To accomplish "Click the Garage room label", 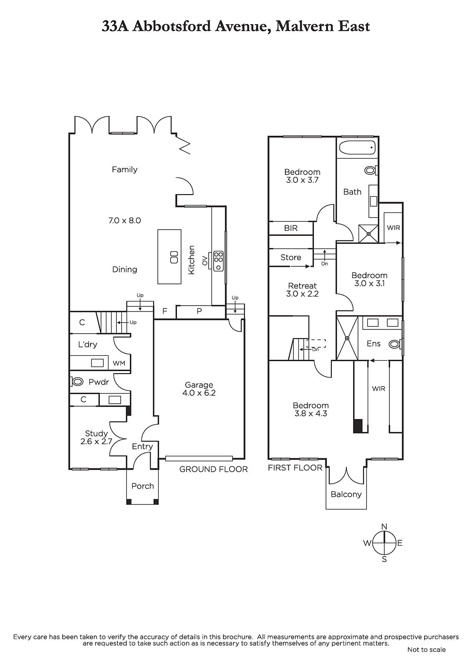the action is (x=199, y=385).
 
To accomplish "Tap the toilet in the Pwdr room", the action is (x=77, y=381).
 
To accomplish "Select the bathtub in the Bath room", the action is (x=357, y=147).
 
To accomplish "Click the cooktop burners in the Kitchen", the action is (x=219, y=261).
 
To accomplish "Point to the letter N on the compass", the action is (x=384, y=526).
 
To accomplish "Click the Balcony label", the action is (x=346, y=494).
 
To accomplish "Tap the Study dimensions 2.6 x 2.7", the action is (x=96, y=441).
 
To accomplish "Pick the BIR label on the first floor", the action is (x=291, y=228).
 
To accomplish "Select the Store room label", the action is (x=291, y=257).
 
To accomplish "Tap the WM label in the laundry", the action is (x=119, y=363).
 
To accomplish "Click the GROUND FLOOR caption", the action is (x=214, y=469).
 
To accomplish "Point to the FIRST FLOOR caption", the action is (x=295, y=468).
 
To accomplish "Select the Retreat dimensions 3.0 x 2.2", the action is (x=302, y=294).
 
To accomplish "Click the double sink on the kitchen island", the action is (x=174, y=257).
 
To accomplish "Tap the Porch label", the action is (x=143, y=486).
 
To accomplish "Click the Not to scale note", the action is (x=427, y=650).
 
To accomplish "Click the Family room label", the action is (x=125, y=170).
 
